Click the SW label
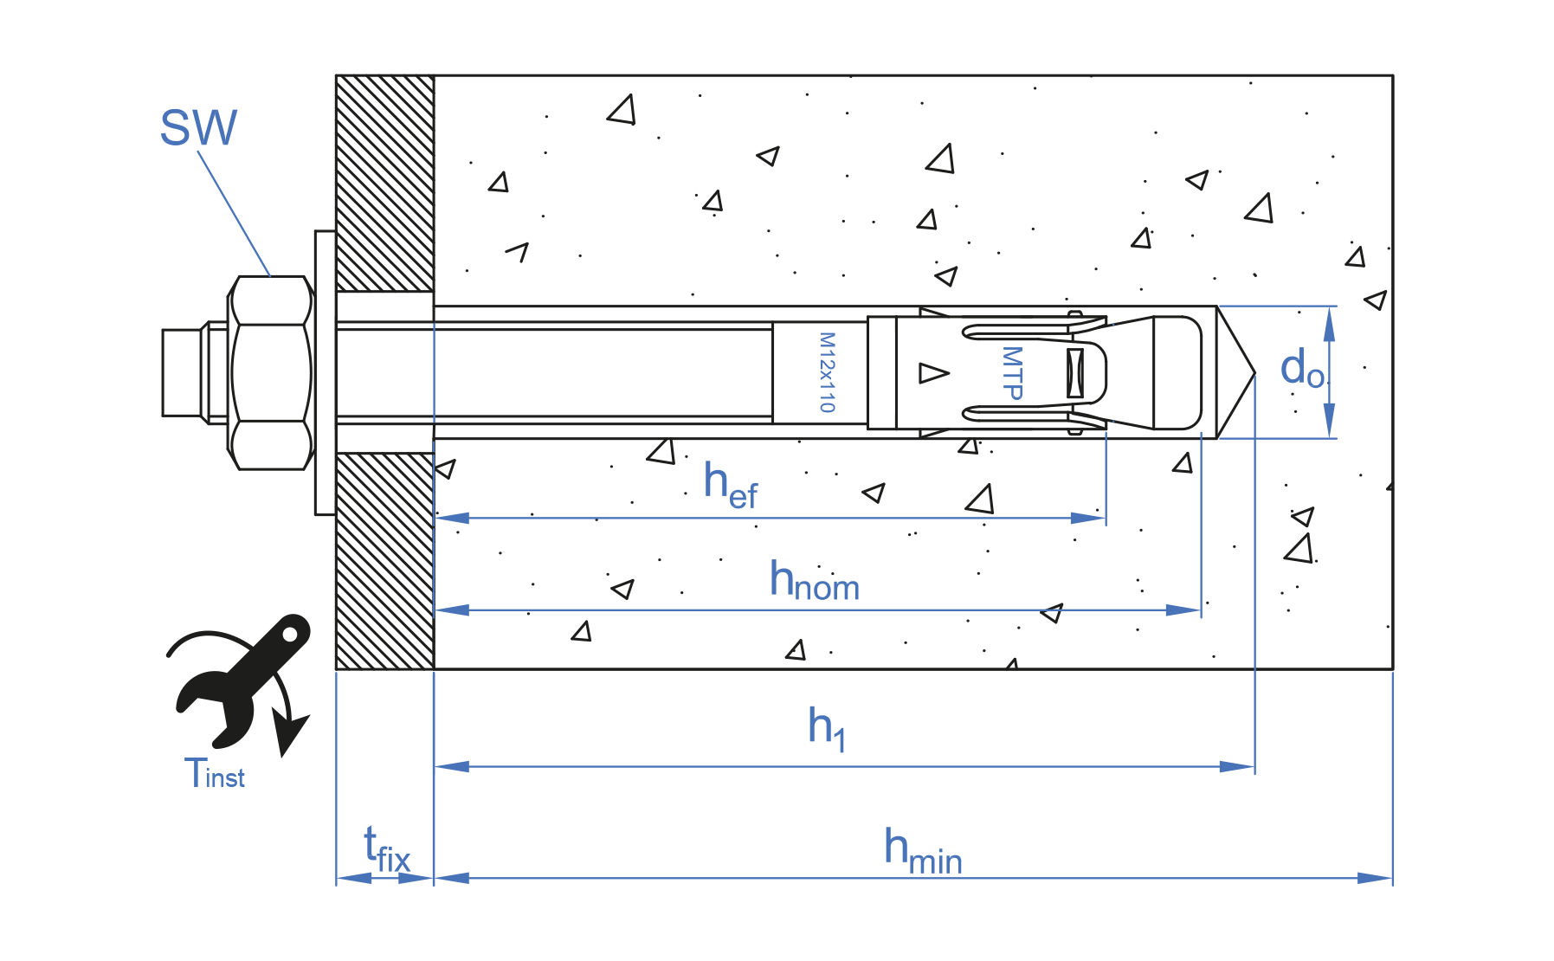click(x=198, y=128)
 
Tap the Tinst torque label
click(x=214, y=773)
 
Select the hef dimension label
click(x=730, y=486)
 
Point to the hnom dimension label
click(x=814, y=581)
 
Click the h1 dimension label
click(x=826, y=728)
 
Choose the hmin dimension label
click(x=922, y=850)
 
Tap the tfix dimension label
click(x=386, y=850)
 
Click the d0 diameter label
click(x=1301, y=369)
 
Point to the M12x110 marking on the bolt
click(x=827, y=372)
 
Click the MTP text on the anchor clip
click(x=1011, y=372)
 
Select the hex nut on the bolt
click(x=270, y=372)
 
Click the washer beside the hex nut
click(x=326, y=372)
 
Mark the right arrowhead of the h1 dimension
click(x=1238, y=766)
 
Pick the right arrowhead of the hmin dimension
click(x=1377, y=878)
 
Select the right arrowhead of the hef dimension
click(x=1089, y=518)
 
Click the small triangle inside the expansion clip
click(x=932, y=372)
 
